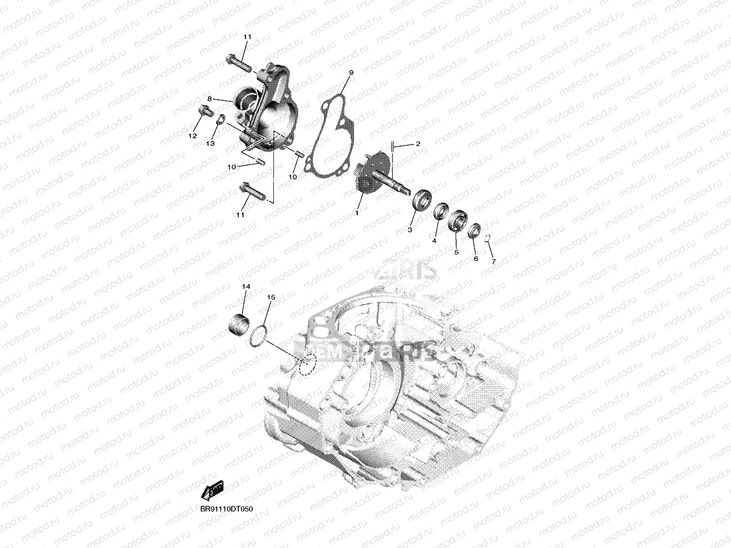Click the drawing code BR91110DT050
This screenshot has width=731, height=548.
(x=227, y=509)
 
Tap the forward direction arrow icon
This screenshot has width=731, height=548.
(x=213, y=491)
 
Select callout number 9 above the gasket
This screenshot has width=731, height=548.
(x=351, y=74)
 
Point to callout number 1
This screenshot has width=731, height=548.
(x=356, y=212)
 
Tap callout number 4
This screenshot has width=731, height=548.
(x=434, y=240)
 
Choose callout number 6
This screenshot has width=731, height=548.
(x=476, y=258)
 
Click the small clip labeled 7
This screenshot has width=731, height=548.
(x=488, y=238)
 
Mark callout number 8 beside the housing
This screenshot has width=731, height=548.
(x=210, y=99)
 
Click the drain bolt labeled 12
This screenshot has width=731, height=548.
(x=204, y=110)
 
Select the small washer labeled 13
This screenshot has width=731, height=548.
(x=220, y=120)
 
